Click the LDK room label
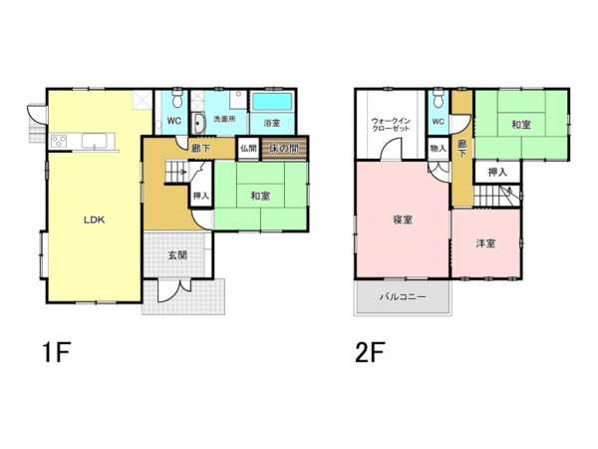point(95,220)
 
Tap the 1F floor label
point(57,352)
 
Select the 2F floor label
point(370,352)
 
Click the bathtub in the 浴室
point(272,102)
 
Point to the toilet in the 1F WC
point(177,98)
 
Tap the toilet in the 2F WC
point(439,98)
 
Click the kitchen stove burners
point(59,141)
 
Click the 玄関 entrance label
point(177,254)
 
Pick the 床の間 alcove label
point(284,148)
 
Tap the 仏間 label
point(248,148)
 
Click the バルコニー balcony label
point(403,296)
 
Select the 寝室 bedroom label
point(403,220)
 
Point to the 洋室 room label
point(485,243)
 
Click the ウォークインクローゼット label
point(391,125)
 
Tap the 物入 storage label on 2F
point(438,148)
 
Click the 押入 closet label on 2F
point(497,173)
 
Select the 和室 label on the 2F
point(521,125)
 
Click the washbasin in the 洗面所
point(198,124)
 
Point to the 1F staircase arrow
point(182,171)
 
